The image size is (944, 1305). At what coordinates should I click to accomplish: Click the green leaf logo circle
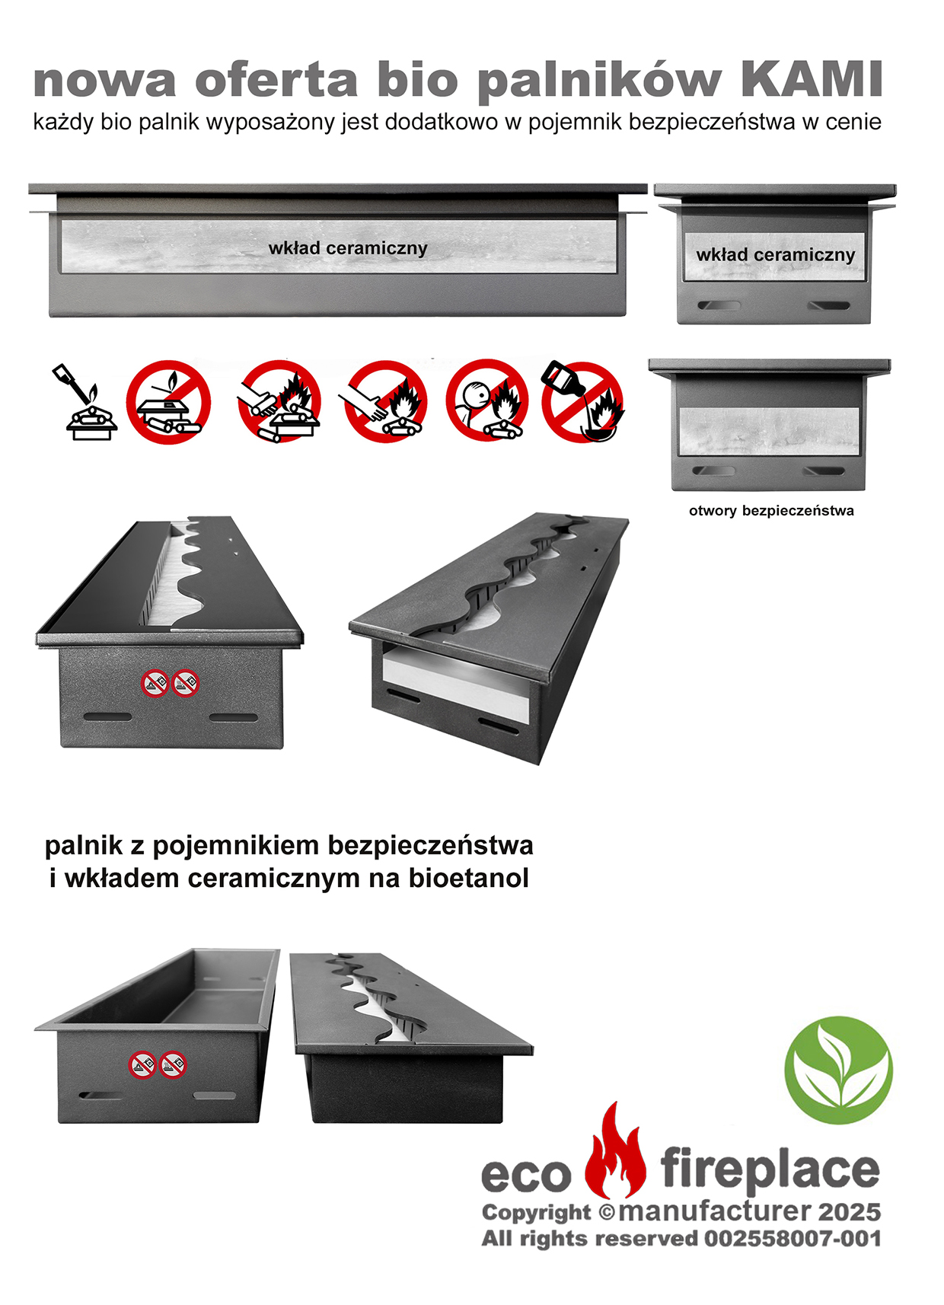(839, 1070)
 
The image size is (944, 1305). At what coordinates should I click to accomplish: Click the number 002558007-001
(793, 1239)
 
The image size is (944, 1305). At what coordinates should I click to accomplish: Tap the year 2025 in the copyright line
(850, 1212)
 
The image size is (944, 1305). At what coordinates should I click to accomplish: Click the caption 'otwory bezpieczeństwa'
(771, 511)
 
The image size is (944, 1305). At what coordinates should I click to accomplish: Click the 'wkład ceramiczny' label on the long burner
(348, 249)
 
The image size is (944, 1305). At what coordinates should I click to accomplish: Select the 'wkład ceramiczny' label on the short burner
(775, 255)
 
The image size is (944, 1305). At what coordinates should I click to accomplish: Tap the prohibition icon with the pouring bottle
(582, 401)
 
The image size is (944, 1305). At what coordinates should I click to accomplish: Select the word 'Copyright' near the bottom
(536, 1214)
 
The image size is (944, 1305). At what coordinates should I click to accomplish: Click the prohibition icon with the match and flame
(168, 402)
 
